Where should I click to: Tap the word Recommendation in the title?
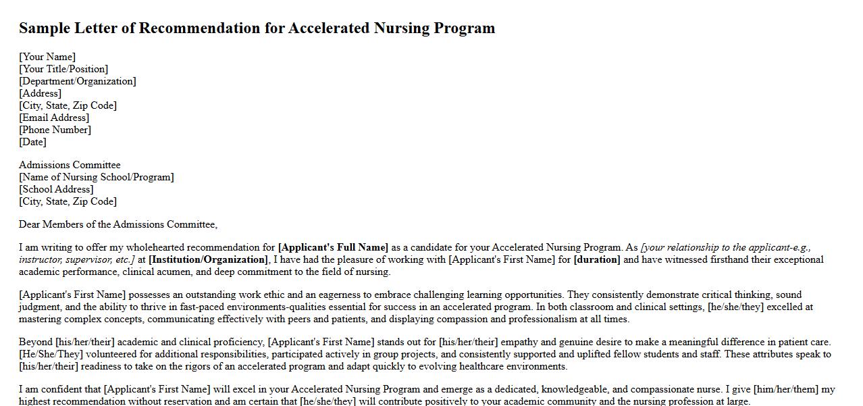click(x=211, y=28)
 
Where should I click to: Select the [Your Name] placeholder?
click(x=47, y=57)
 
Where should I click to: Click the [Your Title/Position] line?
click(x=63, y=69)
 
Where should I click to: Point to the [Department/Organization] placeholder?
click(x=78, y=81)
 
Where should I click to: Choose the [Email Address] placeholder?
click(x=54, y=118)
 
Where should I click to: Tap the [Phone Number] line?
click(x=55, y=130)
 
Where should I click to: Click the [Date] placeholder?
click(x=33, y=142)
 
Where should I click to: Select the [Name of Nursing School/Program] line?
click(x=97, y=177)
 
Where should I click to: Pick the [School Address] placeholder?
click(x=56, y=189)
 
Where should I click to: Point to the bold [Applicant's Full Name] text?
click(x=333, y=247)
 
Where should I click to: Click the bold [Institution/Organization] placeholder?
click(x=208, y=259)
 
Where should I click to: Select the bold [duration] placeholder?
click(x=597, y=259)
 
